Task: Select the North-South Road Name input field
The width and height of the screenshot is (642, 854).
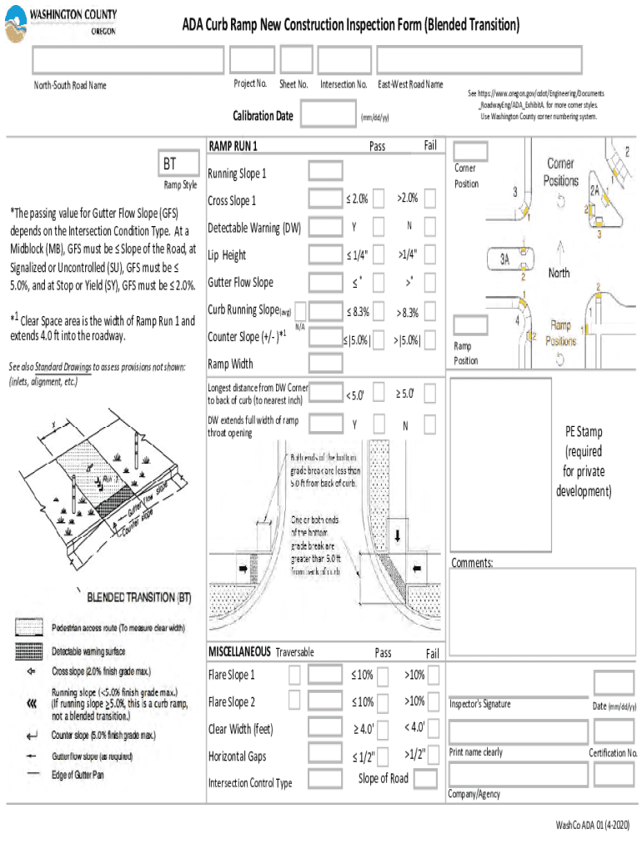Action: (128, 59)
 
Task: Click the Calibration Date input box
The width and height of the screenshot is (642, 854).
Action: (327, 116)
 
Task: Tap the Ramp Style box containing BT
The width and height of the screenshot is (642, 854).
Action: (178, 163)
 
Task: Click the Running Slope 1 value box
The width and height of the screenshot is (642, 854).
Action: (323, 172)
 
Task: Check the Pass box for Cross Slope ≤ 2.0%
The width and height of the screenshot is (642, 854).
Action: (379, 198)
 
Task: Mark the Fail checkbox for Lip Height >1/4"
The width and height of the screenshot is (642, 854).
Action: (430, 254)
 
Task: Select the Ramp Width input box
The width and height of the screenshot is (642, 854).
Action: (323, 363)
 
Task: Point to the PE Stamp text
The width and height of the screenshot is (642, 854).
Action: (583, 432)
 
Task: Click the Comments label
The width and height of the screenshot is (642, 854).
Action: (472, 563)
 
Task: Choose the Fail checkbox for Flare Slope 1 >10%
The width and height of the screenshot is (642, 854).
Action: (432, 674)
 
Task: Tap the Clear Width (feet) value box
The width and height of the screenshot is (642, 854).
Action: (323, 730)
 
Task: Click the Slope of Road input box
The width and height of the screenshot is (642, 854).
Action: (425, 779)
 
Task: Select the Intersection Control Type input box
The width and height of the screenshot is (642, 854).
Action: (323, 780)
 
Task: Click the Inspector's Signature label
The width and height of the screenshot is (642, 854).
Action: (479, 705)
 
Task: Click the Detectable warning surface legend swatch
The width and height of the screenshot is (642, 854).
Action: (30, 651)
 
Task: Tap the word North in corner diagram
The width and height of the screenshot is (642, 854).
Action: (559, 272)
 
